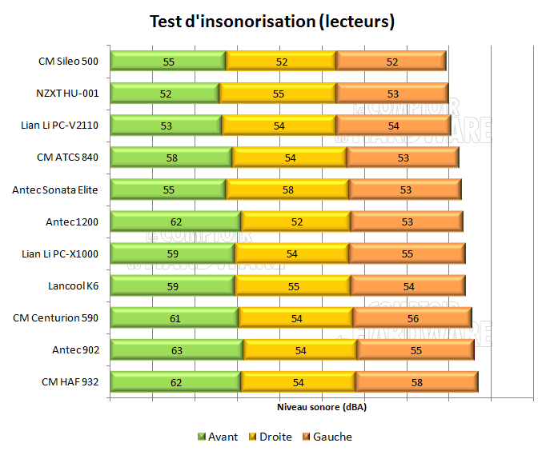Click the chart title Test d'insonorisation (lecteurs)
[x=272, y=22]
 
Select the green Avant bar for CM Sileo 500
[x=168, y=61]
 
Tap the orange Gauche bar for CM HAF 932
[x=416, y=381]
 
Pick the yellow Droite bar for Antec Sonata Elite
[x=287, y=190]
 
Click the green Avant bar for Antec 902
[x=176, y=349]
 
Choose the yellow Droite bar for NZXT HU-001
[x=277, y=93]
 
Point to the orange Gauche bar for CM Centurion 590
[x=412, y=317]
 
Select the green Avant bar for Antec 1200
[x=175, y=222]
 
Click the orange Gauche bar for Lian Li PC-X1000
[x=407, y=253]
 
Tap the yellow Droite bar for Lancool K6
[x=292, y=285]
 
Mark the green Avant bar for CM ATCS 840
[x=171, y=158]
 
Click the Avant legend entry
[x=217, y=437]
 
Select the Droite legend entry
[x=270, y=437]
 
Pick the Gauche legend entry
[x=327, y=437]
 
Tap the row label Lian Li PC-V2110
[x=60, y=125]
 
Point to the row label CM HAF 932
[x=70, y=381]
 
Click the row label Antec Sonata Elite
[x=55, y=190]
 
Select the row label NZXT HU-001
[x=68, y=93]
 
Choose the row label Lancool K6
[x=74, y=285]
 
